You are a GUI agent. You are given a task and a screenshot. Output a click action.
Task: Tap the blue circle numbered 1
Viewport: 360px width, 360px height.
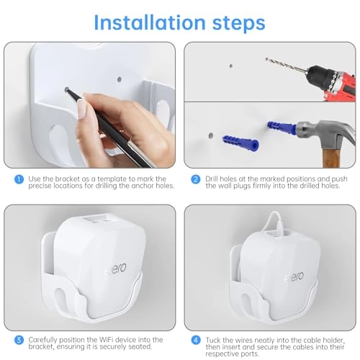(17, 179)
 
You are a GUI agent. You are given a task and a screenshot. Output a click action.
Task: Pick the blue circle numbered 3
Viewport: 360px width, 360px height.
(17, 339)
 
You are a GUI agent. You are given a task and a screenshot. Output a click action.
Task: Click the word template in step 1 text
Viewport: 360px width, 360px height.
(98, 179)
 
